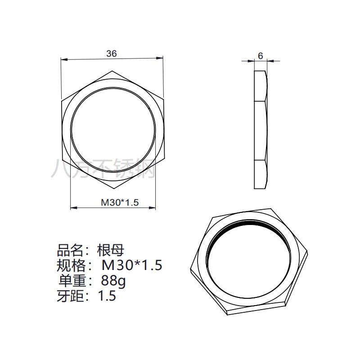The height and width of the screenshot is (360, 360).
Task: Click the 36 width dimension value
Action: [x=112, y=54]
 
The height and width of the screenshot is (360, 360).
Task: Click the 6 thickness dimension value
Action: [x=261, y=56]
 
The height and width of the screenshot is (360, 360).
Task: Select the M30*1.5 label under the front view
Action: [x=120, y=202]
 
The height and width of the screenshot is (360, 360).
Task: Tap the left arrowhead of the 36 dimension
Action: [x=64, y=59]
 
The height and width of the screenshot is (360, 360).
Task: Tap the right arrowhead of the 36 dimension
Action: [x=160, y=58]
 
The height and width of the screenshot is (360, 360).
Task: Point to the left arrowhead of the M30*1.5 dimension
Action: [x=73, y=208]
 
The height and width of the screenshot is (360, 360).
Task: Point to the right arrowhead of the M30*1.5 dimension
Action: [x=152, y=208]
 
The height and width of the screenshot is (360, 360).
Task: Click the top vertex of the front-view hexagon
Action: [x=112, y=71]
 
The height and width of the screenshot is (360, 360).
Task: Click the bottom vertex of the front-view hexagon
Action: [x=114, y=189]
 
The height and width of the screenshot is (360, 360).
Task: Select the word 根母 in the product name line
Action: [x=111, y=250]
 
